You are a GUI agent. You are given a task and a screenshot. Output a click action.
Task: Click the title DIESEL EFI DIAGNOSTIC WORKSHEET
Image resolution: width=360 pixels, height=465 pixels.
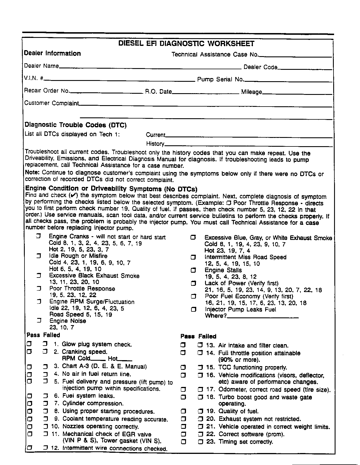click(x=186, y=44)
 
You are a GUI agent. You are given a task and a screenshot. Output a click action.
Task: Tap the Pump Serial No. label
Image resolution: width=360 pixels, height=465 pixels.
click(x=220, y=79)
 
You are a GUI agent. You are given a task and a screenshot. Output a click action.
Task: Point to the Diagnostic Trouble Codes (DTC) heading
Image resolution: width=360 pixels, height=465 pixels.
click(x=76, y=125)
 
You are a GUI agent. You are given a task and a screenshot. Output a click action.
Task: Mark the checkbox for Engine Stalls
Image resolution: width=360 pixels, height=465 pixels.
click(x=193, y=270)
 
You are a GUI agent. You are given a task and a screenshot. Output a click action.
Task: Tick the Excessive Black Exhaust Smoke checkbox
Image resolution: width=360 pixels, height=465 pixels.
click(x=39, y=276)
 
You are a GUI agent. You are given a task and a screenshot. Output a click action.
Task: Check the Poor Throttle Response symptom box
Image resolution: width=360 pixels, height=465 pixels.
click(x=39, y=289)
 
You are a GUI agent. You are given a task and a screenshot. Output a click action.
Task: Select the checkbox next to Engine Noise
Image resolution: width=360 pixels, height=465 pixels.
click(x=39, y=321)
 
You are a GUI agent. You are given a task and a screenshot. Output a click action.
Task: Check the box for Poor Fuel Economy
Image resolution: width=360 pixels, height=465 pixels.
click(x=193, y=296)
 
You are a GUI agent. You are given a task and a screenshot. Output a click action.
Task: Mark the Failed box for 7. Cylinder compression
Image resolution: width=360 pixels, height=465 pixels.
click(x=45, y=403)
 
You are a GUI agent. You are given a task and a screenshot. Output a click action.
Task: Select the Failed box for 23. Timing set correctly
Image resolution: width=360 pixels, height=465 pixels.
click(x=201, y=442)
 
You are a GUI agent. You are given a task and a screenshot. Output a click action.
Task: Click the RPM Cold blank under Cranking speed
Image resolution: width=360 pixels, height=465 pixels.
click(x=96, y=359)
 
